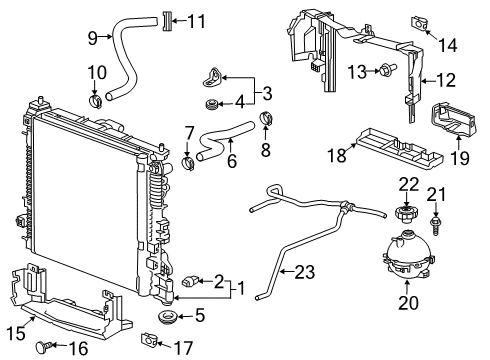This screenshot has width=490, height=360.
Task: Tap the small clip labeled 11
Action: click(x=167, y=20)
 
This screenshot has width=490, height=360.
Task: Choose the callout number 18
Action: click(x=338, y=154)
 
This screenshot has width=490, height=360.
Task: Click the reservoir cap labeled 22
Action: click(x=406, y=213)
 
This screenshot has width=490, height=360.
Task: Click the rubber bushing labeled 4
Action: click(x=211, y=104)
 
